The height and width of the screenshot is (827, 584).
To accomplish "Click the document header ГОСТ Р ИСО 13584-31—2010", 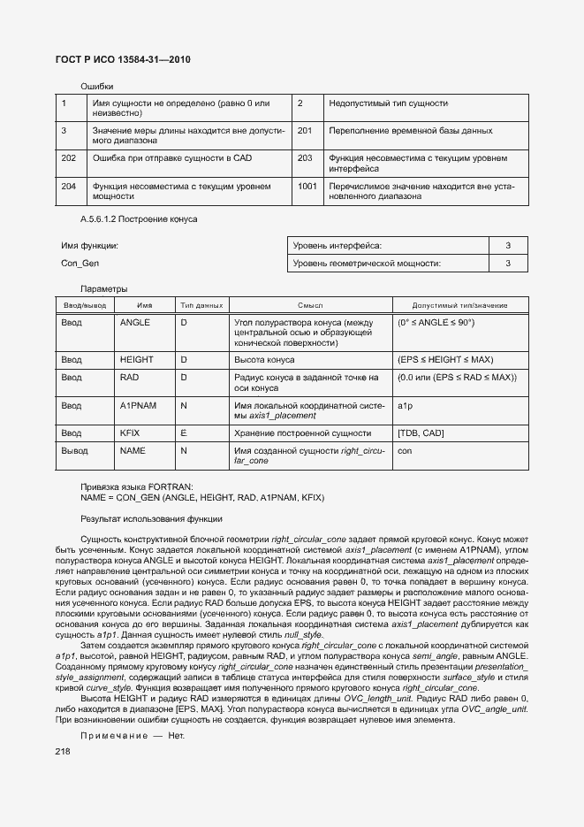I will point(124,59).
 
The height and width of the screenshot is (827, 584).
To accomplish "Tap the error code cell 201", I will point(305,131).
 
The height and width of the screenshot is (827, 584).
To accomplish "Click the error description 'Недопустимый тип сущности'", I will point(388,103).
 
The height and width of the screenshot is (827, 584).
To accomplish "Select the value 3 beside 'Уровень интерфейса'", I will point(508,245).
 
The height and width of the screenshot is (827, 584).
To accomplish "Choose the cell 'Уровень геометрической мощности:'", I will point(367,264).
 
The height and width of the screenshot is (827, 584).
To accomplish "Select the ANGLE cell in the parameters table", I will point(134,323).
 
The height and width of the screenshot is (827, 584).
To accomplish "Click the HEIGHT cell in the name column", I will point(136,360).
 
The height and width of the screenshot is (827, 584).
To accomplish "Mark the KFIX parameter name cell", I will point(131,433).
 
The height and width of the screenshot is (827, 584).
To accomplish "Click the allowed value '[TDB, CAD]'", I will point(421,433).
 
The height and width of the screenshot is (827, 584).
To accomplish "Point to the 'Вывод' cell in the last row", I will point(74,450).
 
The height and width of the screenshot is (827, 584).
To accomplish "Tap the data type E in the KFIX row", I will point(184,433).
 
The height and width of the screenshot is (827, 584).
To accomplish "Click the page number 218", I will point(63,751).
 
